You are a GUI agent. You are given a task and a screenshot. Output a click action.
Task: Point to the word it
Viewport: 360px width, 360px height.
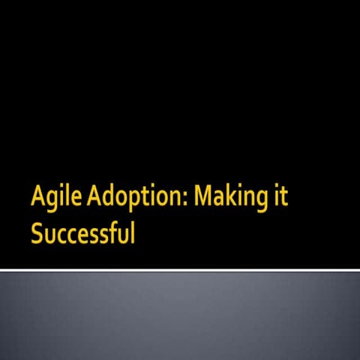coord(280,197)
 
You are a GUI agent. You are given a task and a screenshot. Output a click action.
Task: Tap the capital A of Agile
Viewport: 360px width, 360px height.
coord(37,197)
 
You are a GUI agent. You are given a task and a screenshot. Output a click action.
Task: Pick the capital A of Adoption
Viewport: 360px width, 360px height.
coord(95,197)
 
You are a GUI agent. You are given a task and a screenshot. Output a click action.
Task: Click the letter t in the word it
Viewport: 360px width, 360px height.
coord(283,198)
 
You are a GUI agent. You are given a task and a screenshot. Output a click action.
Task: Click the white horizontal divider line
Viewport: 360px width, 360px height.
coord(180,269)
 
